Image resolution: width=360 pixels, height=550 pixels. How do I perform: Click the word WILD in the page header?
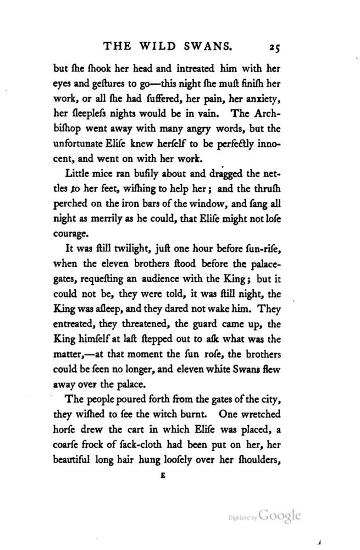[x=165, y=48]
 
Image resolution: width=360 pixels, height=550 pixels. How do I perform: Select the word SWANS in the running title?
[x=221, y=48]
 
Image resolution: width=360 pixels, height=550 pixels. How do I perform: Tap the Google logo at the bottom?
[x=280, y=516]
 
